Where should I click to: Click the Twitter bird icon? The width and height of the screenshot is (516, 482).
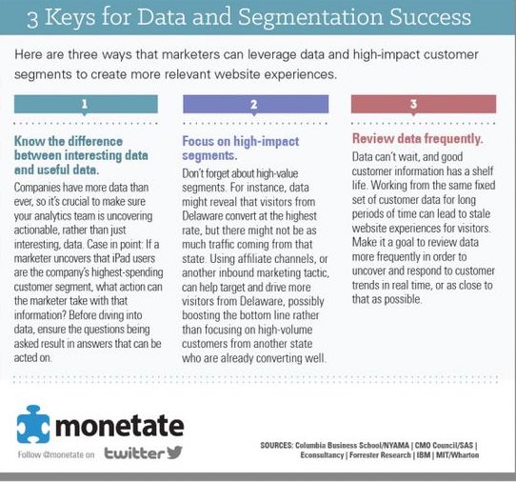171,452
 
